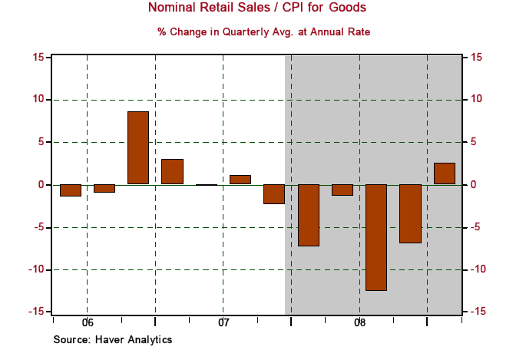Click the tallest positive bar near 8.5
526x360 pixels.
pos(138,147)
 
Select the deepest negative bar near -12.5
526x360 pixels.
pos(376,237)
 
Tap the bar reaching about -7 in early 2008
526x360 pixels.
pos(308,215)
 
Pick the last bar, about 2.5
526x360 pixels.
pos(444,173)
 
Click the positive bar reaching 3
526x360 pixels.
pos(172,171)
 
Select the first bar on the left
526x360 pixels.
pos(71,190)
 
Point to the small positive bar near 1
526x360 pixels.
pos(240,180)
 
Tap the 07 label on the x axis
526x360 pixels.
pos(223,322)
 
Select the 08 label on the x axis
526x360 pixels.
pos(359,322)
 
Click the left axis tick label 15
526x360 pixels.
pos(37,58)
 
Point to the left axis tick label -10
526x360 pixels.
pos(35,270)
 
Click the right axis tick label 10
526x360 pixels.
pos(477,100)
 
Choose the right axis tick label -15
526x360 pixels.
pos(478,312)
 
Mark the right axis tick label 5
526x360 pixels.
pos(474,143)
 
